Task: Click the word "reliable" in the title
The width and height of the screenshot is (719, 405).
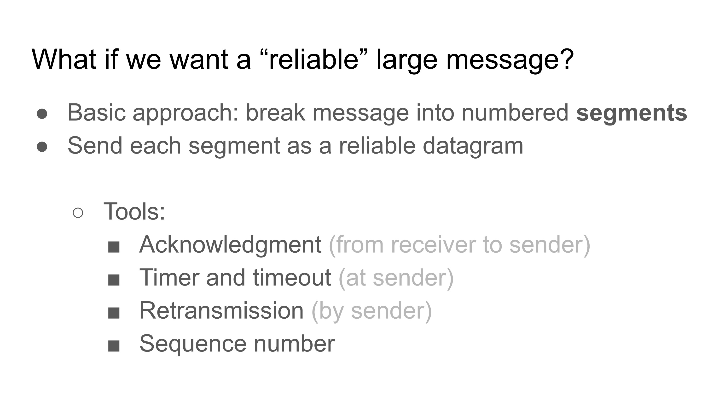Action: pos(314,59)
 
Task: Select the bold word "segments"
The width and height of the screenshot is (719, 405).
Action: pos(632,113)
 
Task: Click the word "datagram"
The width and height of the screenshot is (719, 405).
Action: pos(473,146)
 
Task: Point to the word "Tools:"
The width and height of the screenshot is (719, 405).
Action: pos(134,211)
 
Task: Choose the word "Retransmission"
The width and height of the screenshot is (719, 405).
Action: pos(221,310)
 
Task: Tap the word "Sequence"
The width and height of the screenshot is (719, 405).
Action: pos(193,344)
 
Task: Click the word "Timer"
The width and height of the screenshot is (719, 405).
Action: pos(169,278)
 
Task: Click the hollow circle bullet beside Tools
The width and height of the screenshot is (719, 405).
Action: pos(78,213)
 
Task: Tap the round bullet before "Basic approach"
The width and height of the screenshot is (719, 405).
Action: pos(42,114)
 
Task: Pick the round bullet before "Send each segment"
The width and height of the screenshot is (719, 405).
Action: pos(42,147)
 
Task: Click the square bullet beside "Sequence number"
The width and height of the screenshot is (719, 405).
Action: pos(114,346)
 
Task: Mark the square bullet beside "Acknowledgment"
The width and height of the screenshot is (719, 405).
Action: pos(114,247)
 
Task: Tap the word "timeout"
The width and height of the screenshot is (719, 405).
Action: pos(292,278)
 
